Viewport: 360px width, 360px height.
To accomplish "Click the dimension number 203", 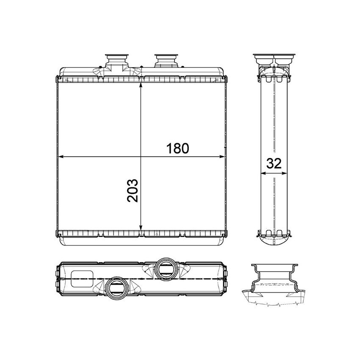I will point(133,190).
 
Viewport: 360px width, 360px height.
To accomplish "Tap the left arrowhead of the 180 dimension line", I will point(60,156).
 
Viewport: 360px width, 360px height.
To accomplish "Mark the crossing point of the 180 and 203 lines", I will point(141,156).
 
